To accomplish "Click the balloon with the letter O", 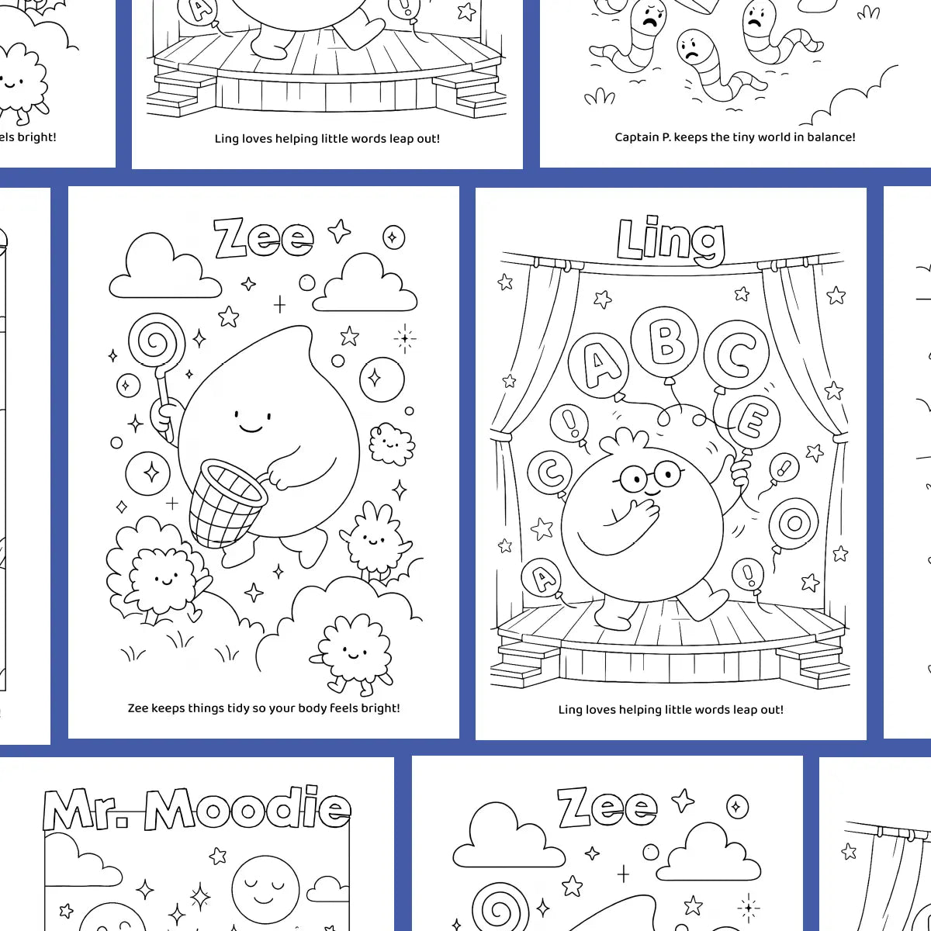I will tap(794, 523).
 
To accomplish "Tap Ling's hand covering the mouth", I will tap(641, 516).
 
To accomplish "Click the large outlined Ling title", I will tap(670, 240).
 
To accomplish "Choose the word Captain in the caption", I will tap(642, 137).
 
